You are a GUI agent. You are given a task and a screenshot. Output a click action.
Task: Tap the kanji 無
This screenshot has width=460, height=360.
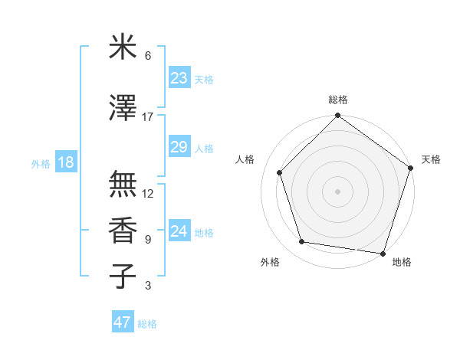coord(123,184)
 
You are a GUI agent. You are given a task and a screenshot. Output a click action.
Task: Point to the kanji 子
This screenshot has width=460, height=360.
coord(123,277)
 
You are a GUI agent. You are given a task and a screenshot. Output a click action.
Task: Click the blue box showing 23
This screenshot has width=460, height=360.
coord(179,78)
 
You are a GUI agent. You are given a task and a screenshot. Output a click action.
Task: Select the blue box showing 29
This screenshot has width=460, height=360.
coord(179,147)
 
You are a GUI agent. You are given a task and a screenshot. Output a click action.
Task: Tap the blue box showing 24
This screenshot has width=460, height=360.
coord(179,231)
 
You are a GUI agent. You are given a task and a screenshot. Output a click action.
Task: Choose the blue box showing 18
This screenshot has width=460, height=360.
coord(65,162)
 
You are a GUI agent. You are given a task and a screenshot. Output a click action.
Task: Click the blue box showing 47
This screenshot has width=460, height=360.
coord(123,322)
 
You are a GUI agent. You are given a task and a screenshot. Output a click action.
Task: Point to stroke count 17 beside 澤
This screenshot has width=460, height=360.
coord(148,117)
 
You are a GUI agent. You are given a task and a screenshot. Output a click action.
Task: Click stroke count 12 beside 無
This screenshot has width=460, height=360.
coord(148,194)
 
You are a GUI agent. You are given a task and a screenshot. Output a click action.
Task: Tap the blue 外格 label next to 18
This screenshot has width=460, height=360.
coord(40,163)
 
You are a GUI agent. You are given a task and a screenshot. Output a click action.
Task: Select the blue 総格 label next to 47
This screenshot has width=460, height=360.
coord(147,324)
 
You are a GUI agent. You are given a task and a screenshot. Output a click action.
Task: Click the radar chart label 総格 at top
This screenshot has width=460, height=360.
coord(337,100)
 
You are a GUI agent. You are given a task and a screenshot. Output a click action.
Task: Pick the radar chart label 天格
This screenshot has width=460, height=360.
coord(431,159)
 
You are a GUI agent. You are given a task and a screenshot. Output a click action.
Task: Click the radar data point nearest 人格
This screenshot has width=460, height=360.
coord(280,172)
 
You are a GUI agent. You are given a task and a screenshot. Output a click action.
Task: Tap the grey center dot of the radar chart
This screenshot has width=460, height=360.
coord(337,191)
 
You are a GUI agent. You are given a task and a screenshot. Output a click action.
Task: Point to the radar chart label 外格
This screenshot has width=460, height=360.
coord(270,262)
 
